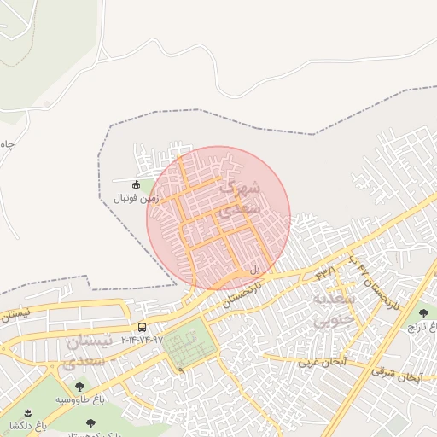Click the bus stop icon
(x=142, y=327)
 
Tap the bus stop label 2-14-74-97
(x=141, y=339)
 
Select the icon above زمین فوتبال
(x=136, y=184)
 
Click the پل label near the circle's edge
(x=253, y=269)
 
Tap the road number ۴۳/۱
(x=326, y=272)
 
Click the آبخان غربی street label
(x=321, y=363)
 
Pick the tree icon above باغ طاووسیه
(x=79, y=387)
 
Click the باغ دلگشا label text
(x=26, y=424)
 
